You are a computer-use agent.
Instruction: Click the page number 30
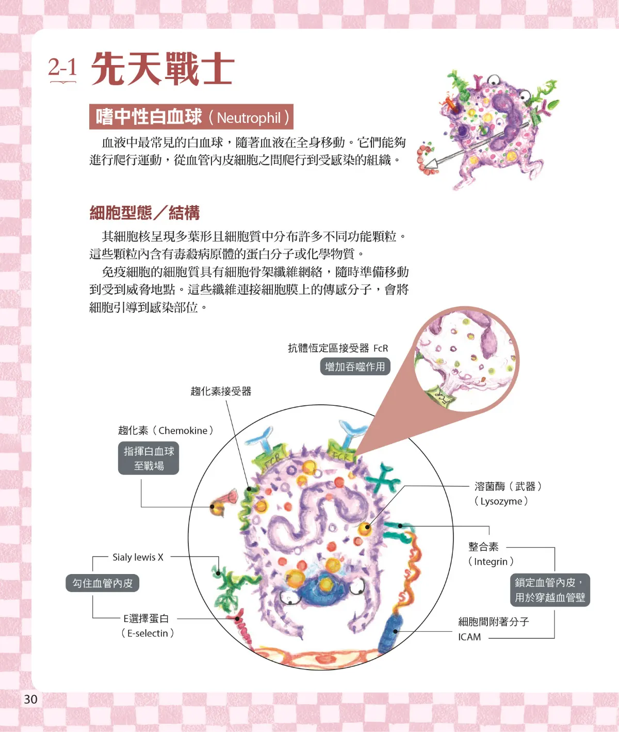(30, 699)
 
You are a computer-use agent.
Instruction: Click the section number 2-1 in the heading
(62, 67)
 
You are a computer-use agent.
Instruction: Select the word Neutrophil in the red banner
(249, 118)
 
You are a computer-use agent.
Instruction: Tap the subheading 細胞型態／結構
(144, 213)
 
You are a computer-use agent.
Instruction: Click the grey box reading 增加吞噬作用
(355, 366)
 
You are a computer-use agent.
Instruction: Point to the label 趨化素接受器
(221, 391)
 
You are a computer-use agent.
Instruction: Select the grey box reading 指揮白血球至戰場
(149, 458)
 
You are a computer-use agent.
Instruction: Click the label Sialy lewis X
(138, 557)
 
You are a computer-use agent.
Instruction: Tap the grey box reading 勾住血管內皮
(102, 583)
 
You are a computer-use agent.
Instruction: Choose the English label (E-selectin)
(148, 633)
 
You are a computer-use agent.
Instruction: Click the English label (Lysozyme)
(501, 501)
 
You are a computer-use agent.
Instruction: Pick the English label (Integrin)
(491, 561)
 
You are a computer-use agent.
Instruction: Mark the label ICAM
(469, 636)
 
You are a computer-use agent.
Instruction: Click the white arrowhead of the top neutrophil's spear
(432, 163)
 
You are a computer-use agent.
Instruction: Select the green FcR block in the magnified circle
(441, 396)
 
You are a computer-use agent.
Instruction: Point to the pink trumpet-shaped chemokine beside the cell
(224, 500)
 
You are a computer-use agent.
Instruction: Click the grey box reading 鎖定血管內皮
(550, 590)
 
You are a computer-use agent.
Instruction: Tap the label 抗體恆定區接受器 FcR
(338, 348)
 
